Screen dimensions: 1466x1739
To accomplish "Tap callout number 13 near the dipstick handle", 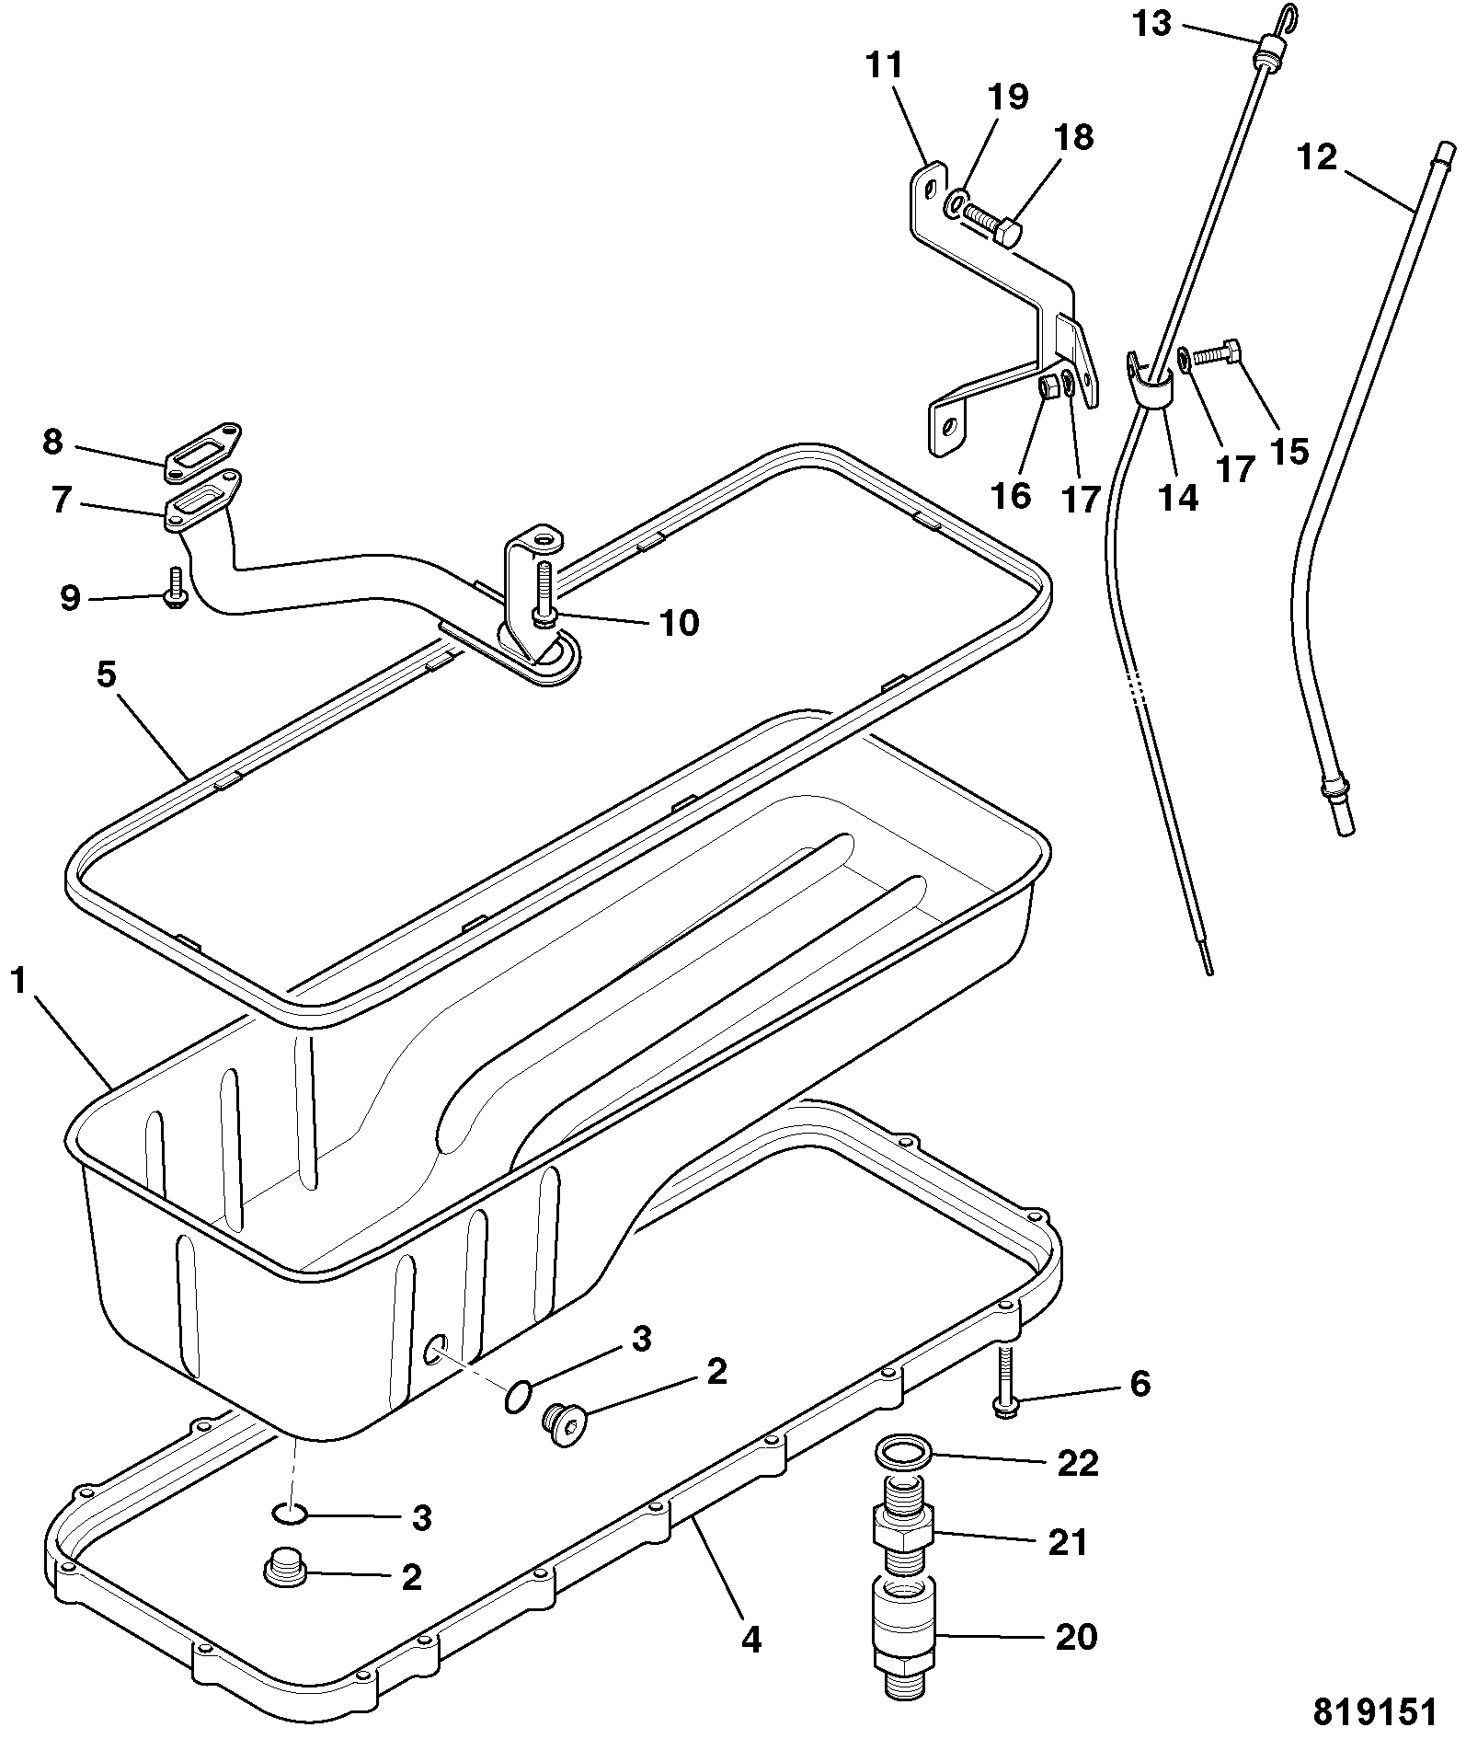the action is (1151, 22).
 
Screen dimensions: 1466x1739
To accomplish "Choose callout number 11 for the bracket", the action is (884, 66).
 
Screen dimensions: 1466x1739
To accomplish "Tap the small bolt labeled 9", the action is (174, 586).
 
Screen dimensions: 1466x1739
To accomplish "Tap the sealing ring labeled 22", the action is (903, 1453).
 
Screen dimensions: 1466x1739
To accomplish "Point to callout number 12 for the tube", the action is (1317, 157).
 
